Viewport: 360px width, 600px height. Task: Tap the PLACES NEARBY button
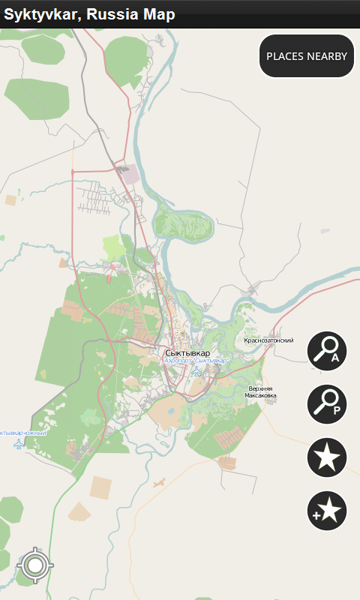[x=307, y=56]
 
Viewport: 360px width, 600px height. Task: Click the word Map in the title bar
[x=160, y=14]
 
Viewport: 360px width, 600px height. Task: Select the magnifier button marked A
[x=327, y=351]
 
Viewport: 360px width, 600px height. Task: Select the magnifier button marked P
[x=327, y=403]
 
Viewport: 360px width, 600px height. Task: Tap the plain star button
[x=327, y=457]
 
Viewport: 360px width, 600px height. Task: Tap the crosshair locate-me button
[x=34, y=565]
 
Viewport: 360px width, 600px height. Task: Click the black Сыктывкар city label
[x=187, y=352]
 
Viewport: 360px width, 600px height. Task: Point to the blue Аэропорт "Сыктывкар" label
[x=195, y=361]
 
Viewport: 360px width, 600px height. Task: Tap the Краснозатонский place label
[x=268, y=340]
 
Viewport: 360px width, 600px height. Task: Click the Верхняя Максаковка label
[x=260, y=392]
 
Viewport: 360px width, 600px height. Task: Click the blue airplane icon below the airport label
[x=196, y=370]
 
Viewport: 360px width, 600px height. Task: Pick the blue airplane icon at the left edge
[x=19, y=444]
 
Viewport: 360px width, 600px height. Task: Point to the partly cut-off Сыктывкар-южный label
[x=23, y=433]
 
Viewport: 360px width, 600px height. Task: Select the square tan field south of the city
[x=100, y=487]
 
